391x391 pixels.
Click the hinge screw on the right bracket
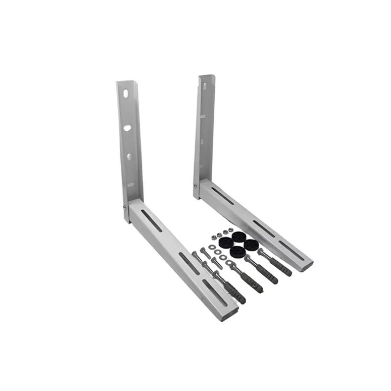coord(195,186)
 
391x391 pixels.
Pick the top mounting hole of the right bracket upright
coord(203,86)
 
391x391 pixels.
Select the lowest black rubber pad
coord(238,252)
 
